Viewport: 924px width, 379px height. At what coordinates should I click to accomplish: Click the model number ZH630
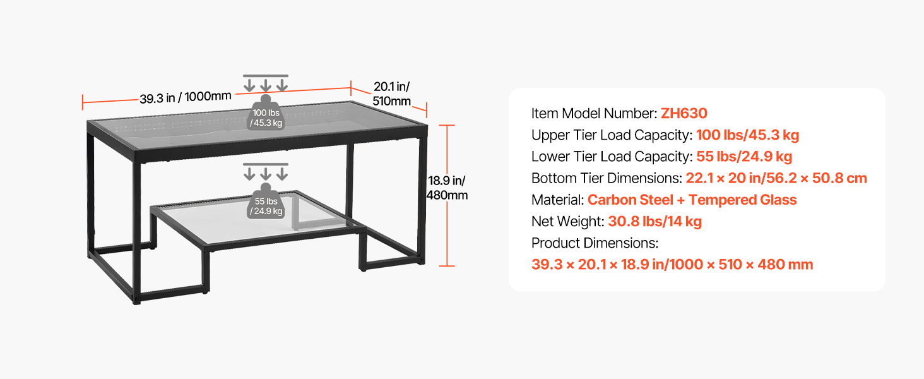pos(684,113)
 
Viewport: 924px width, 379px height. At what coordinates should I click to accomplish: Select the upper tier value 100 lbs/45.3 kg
pos(747,135)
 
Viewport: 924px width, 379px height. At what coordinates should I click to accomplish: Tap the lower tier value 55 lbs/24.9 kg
pos(744,157)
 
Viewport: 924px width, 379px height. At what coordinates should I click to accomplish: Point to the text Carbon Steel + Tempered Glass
pos(692,200)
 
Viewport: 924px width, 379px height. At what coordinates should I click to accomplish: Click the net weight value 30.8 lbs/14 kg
pos(654,221)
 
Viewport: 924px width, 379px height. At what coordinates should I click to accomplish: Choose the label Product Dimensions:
pos(595,243)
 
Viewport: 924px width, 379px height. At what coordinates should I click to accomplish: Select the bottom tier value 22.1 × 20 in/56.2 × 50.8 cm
pos(776,178)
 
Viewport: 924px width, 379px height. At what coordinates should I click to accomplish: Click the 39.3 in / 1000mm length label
pos(185,97)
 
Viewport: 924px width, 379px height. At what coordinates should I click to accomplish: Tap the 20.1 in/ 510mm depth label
pos(391,93)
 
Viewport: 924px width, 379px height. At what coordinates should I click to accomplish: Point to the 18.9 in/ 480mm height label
pos(447,188)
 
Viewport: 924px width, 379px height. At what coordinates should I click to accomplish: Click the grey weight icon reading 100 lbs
pos(266,112)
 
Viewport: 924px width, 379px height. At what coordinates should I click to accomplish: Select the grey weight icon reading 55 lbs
pos(266,201)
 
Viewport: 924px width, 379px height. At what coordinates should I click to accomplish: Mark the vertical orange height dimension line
pos(447,195)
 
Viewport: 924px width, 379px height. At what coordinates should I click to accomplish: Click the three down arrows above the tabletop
pos(266,83)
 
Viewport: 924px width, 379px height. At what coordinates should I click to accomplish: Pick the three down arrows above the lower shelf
pos(266,172)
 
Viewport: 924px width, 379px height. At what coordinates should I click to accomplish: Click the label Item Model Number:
pos(594,113)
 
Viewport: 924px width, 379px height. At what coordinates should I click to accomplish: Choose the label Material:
pos(557,200)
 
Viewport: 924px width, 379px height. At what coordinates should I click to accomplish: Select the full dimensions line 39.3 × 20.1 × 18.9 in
pos(672,264)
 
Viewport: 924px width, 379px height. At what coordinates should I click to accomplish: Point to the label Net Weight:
pos(567,221)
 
